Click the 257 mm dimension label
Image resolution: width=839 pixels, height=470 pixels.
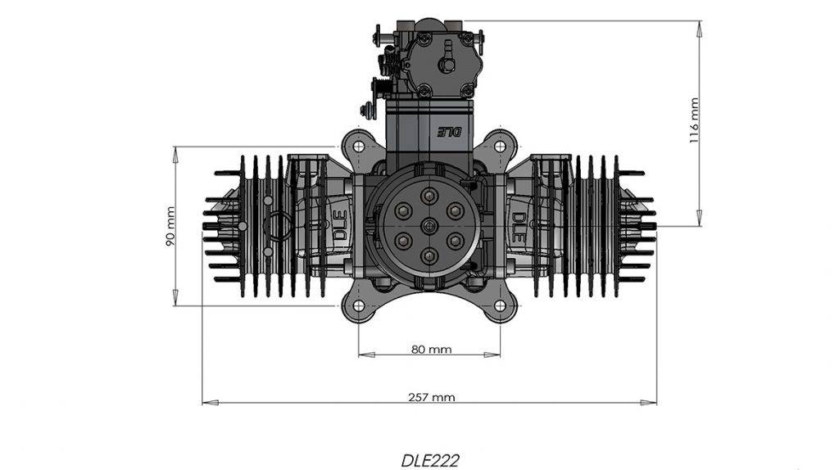coord(431,397)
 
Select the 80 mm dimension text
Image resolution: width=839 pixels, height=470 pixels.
coord(431,350)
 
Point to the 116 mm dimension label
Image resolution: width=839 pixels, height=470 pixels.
coord(694,120)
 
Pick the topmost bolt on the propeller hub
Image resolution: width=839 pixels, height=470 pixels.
coord(429,196)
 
